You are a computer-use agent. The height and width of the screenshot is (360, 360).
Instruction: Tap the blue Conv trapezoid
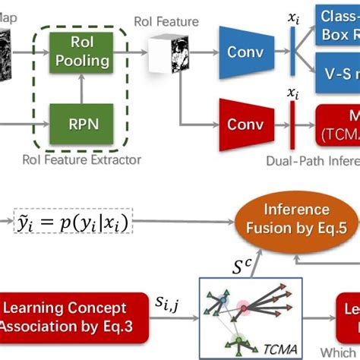(x=244, y=52)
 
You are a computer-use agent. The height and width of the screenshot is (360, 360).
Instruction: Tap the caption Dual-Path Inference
(x=312, y=160)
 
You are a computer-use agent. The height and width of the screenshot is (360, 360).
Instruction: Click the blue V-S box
(x=339, y=76)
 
